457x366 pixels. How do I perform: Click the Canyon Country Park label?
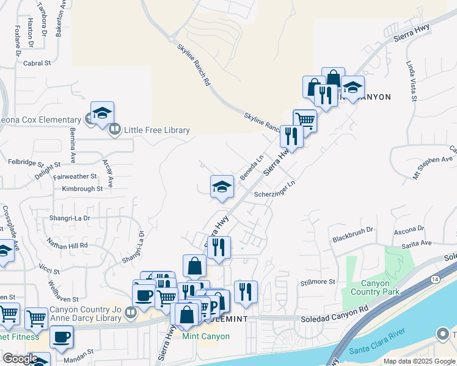pyautogui.click(x=379, y=287)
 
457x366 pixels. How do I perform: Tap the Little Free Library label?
pyautogui.click(x=157, y=130)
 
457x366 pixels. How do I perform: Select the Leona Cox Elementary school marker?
pyautogui.click(x=102, y=114)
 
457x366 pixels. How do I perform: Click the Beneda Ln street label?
pyautogui.click(x=251, y=167)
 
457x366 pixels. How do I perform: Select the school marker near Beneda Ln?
pyautogui.click(x=222, y=187)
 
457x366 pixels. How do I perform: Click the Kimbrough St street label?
pyautogui.click(x=82, y=189)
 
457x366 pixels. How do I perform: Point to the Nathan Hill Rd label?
pyautogui.click(x=67, y=245)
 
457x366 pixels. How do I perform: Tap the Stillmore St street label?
pyautogui.click(x=318, y=282)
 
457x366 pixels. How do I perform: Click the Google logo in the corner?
pyautogui.click(x=20, y=359)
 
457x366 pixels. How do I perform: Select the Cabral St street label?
pyautogui.click(x=37, y=63)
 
